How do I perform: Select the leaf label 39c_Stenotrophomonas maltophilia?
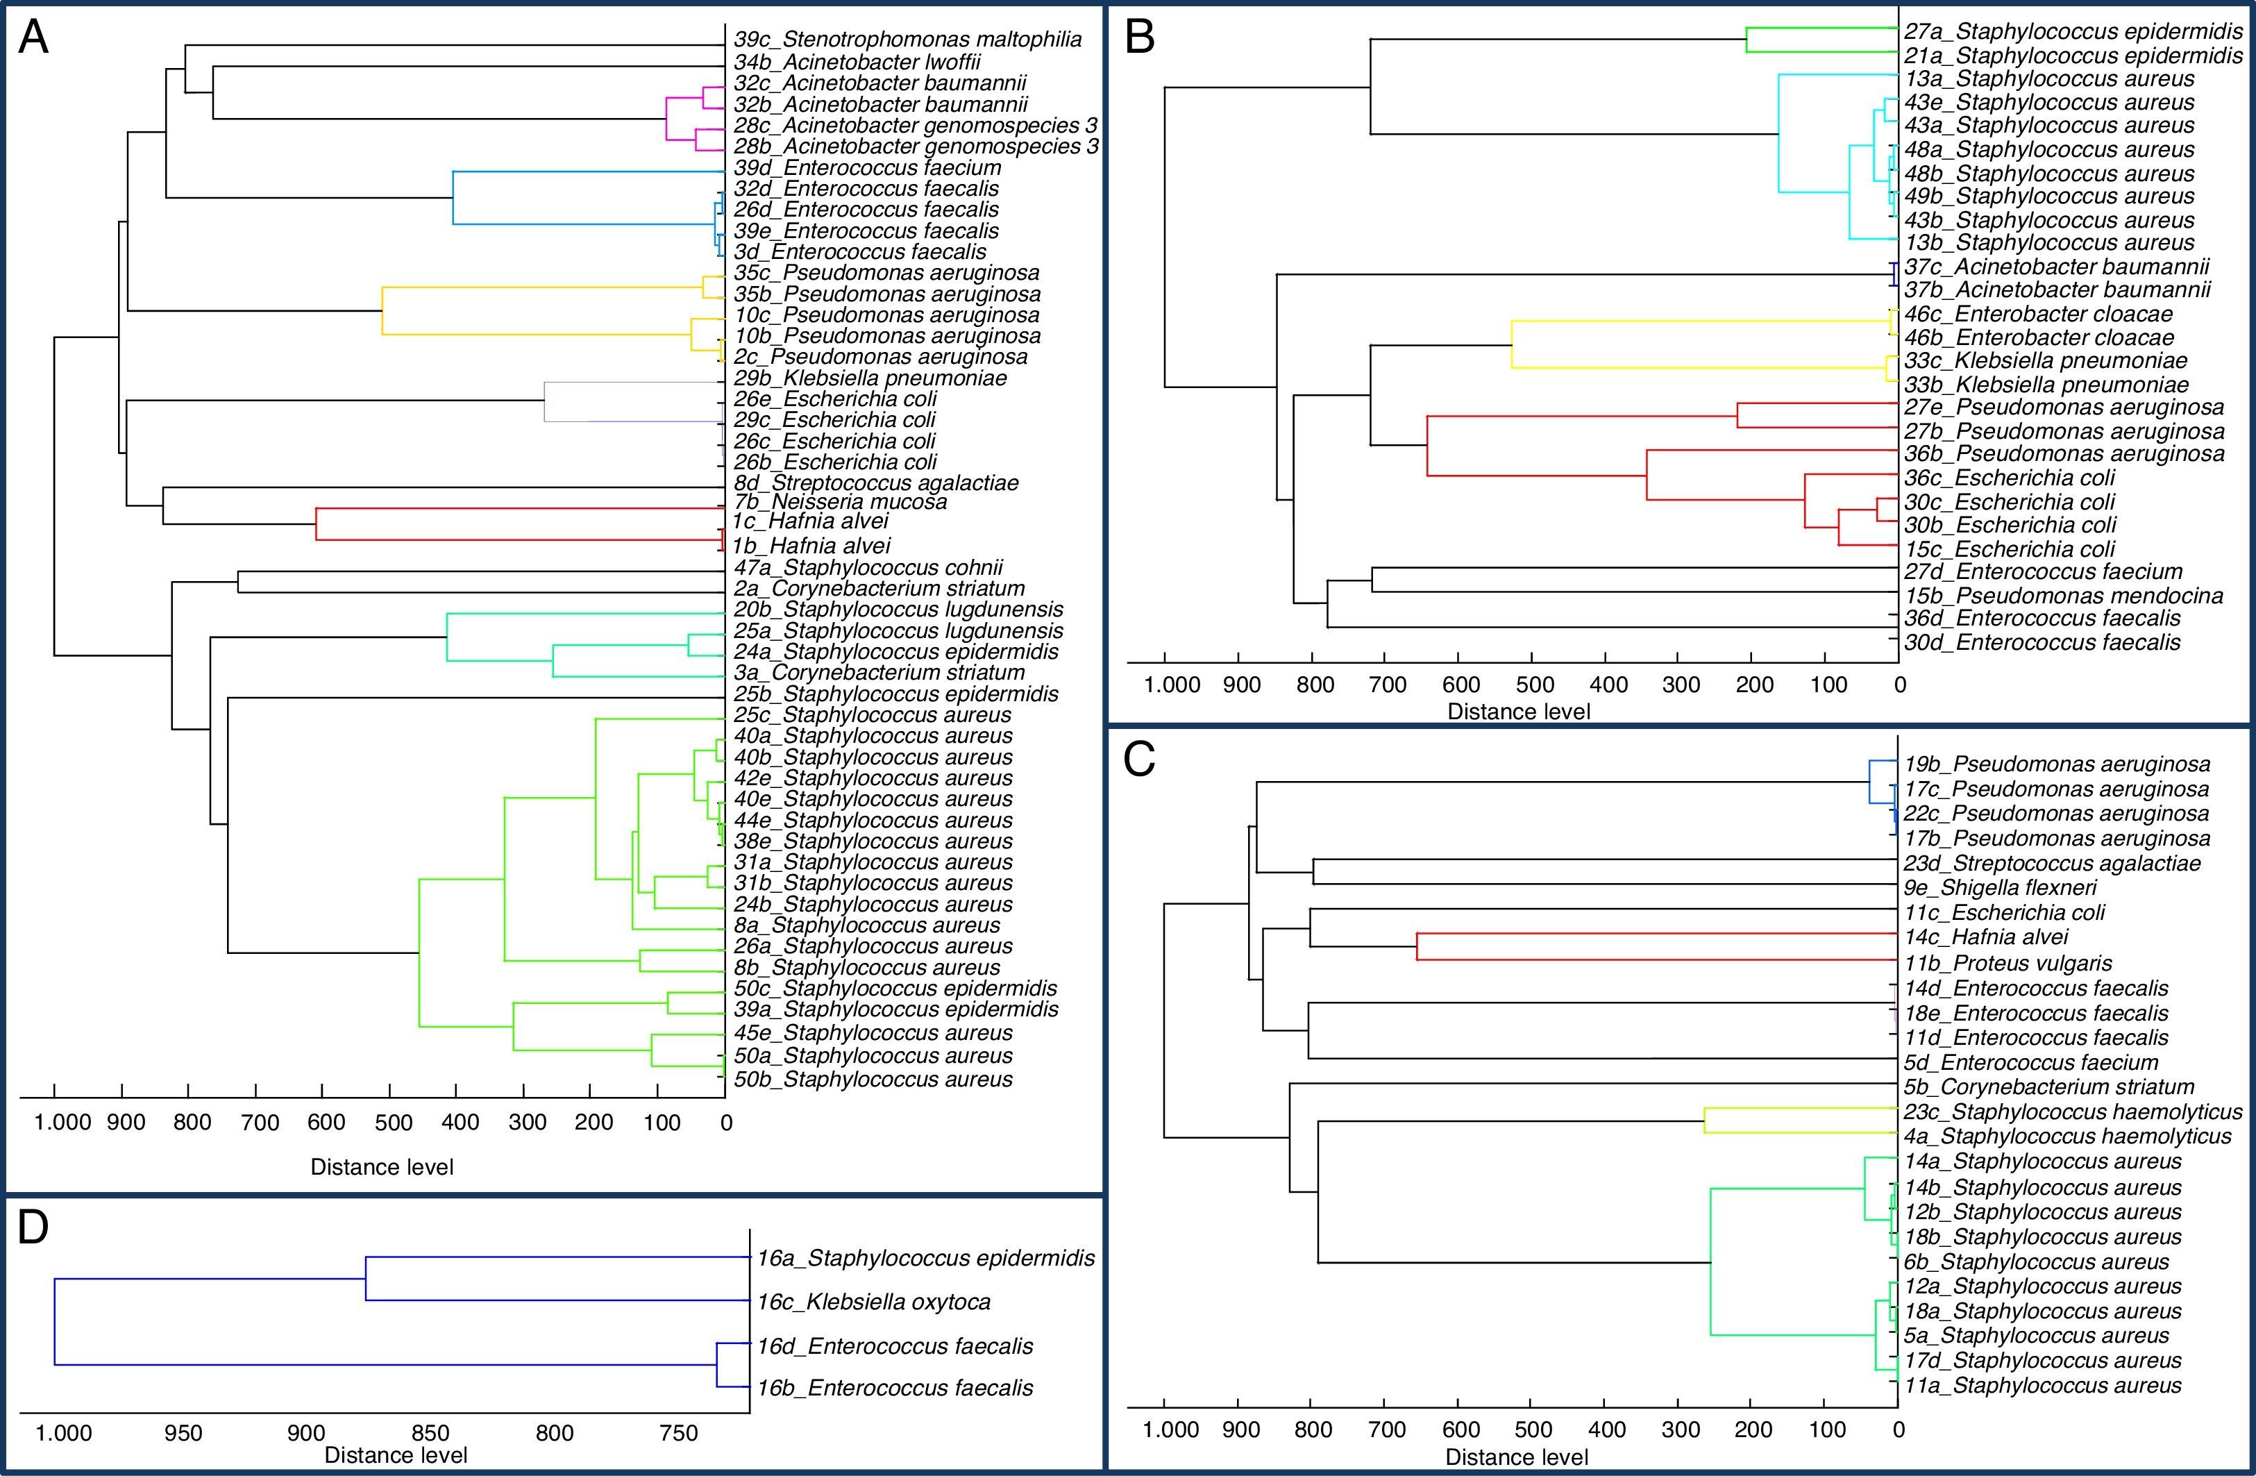(x=907, y=40)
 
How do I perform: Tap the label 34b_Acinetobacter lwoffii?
(x=857, y=62)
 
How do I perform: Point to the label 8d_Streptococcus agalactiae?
(x=876, y=483)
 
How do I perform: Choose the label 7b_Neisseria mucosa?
(x=840, y=503)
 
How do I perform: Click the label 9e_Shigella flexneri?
(x=2000, y=888)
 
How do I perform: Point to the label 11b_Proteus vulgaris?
(x=2007, y=963)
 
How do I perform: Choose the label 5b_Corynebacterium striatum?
(x=2048, y=1087)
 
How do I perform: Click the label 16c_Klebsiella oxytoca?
(x=873, y=1302)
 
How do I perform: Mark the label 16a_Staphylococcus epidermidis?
(x=925, y=1258)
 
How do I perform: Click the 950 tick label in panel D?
(x=183, y=1432)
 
